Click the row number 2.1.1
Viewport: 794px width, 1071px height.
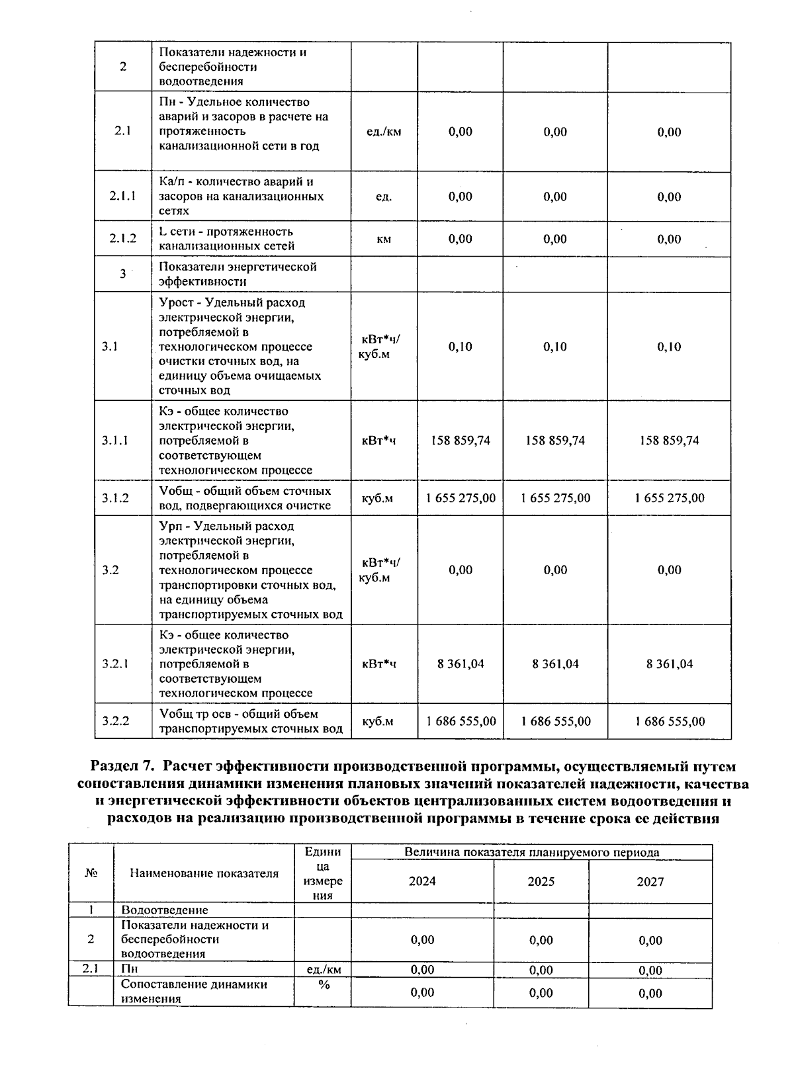click(x=122, y=196)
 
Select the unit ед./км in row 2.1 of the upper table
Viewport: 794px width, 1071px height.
click(x=384, y=132)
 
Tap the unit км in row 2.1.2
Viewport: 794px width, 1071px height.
click(x=384, y=239)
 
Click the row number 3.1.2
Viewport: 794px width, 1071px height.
click(x=115, y=498)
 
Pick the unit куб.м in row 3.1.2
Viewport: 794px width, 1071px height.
click(x=377, y=498)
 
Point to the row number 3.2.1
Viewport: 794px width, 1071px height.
click(x=115, y=664)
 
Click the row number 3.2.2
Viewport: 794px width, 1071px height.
click(x=115, y=721)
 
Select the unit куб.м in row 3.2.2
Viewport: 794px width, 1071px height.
click(x=377, y=721)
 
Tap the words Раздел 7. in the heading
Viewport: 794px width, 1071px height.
click(x=122, y=767)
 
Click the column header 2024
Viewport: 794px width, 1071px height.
click(x=422, y=881)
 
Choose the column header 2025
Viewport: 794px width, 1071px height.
click(x=541, y=881)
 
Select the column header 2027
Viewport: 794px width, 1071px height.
click(x=650, y=881)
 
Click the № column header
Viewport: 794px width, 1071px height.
click(x=91, y=873)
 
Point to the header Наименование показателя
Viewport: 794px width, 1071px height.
click(x=204, y=873)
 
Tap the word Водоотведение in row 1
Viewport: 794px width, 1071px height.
click(x=164, y=910)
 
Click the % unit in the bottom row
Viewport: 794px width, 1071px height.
click(x=324, y=985)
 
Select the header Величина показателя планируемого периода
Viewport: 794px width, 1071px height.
click(x=531, y=852)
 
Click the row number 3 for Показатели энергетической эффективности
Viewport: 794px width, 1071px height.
click(x=122, y=274)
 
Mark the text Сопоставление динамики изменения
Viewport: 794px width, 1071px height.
click(x=194, y=992)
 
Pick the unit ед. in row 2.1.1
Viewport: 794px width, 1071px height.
click(x=384, y=196)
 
